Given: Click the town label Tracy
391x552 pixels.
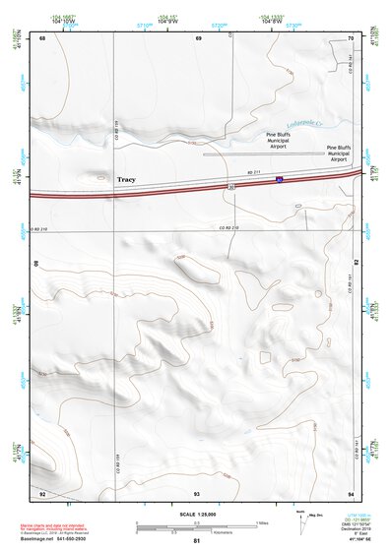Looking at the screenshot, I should [126, 180].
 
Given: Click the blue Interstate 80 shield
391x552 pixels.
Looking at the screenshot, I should [279, 180].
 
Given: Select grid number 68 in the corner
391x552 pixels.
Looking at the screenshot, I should [42, 37].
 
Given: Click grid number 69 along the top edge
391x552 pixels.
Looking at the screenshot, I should [198, 37].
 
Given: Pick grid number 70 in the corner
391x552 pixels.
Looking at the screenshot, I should [351, 37].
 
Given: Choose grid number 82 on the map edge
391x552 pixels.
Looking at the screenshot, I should [355, 263].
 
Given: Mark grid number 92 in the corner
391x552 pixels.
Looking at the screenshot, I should [42, 492].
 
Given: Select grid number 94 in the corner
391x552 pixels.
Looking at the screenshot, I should [351, 492].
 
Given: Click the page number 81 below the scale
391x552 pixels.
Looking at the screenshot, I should [197, 542].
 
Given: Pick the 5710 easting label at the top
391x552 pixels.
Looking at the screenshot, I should [145, 24].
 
